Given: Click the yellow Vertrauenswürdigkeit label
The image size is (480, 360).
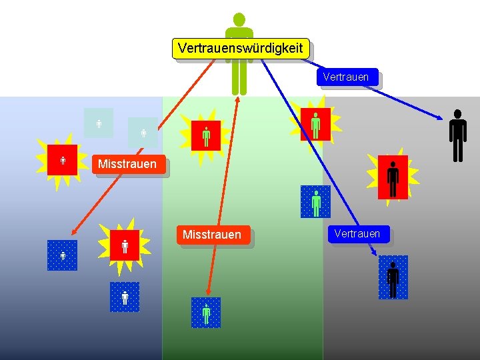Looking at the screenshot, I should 241,48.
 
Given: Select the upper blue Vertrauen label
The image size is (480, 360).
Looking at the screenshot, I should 345,77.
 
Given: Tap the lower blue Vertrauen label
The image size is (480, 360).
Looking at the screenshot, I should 357,234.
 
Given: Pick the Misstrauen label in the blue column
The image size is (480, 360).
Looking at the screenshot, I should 127,164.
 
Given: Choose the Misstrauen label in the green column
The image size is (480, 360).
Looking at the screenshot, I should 212,235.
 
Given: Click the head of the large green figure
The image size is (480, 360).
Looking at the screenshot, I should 239,20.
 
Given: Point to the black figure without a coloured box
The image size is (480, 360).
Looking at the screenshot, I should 457,135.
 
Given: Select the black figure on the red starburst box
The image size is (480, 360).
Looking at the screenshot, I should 393,177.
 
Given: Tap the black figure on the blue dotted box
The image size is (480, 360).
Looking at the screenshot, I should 393,278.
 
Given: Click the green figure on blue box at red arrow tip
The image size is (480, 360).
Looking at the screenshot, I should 206,312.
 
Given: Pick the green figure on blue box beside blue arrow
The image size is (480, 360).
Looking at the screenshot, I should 316,203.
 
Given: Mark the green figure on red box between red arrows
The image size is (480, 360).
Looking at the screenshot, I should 206,135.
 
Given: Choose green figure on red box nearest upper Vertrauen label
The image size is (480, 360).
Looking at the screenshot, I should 315,124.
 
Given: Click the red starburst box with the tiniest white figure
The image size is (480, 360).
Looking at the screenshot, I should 63,160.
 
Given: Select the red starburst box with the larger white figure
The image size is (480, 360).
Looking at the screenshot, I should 125,246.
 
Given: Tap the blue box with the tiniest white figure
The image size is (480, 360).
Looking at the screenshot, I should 62,255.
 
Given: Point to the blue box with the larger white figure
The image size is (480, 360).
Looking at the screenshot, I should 125,297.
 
